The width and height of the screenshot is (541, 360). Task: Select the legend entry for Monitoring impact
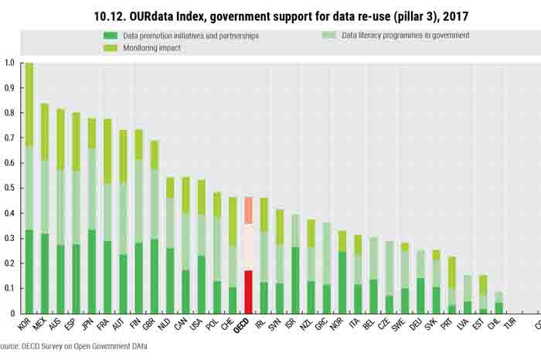(x=143, y=48)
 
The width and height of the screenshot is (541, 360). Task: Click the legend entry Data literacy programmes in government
(x=394, y=36)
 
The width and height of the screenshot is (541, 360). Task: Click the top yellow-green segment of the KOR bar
(x=29, y=104)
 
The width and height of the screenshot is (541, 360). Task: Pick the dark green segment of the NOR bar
(x=342, y=282)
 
